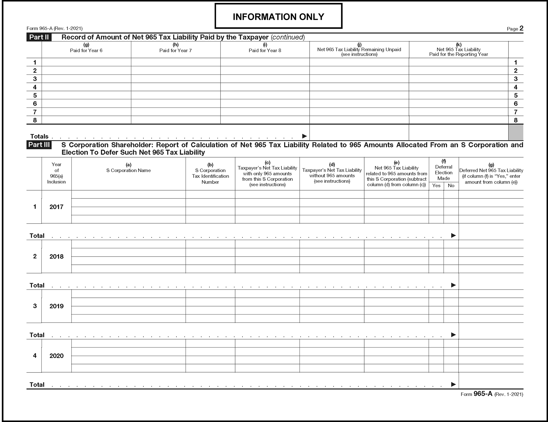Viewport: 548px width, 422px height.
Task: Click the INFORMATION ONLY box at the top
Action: [278, 16]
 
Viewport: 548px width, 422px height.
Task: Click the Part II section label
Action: [39, 37]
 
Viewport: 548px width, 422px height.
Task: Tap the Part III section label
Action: [39, 145]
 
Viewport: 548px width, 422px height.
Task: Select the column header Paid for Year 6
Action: [86, 50]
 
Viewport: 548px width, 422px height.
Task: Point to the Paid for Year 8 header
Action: [265, 50]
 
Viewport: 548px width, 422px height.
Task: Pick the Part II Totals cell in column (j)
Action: [359, 132]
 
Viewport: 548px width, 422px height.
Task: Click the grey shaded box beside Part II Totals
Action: [516, 132]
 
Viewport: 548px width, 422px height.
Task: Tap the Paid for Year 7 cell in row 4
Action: [175, 87]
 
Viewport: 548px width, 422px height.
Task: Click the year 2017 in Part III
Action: [56, 207]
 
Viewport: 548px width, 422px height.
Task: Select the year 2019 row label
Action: [56, 306]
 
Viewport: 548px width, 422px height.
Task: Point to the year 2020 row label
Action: [56, 356]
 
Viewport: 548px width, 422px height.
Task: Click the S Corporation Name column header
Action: [128, 170]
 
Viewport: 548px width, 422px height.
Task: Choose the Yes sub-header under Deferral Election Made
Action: [436, 186]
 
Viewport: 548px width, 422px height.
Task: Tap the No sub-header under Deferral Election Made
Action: [451, 186]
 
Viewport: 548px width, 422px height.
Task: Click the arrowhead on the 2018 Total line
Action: [454, 285]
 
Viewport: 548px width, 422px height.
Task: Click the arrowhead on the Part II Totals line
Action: [304, 136]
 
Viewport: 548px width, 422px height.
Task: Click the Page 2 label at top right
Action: [515, 28]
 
